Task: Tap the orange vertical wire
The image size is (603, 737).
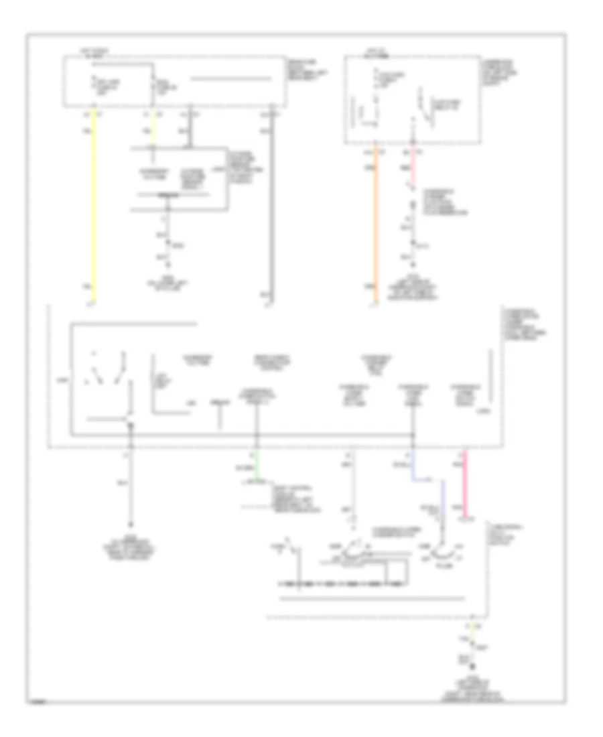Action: tap(376, 221)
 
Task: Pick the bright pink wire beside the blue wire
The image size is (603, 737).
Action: tap(464, 482)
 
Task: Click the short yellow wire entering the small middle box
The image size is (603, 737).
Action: tap(154, 127)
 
